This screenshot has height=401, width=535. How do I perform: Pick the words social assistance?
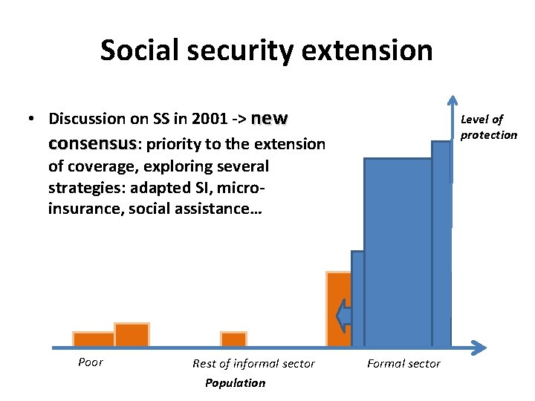click(194, 209)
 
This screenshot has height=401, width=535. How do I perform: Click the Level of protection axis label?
click(488, 127)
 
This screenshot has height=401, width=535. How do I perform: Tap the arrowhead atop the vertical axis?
click(452, 104)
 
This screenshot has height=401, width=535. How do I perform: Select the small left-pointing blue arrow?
click(343, 316)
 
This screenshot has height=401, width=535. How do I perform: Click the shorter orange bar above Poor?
click(94, 339)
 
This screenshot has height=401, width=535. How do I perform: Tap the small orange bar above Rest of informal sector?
click(233, 339)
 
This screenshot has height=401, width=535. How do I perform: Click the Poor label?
click(90, 362)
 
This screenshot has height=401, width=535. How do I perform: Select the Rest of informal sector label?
click(253, 363)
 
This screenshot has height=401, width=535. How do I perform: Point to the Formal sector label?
click(403, 363)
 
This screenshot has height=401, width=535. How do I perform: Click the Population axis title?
click(235, 383)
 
